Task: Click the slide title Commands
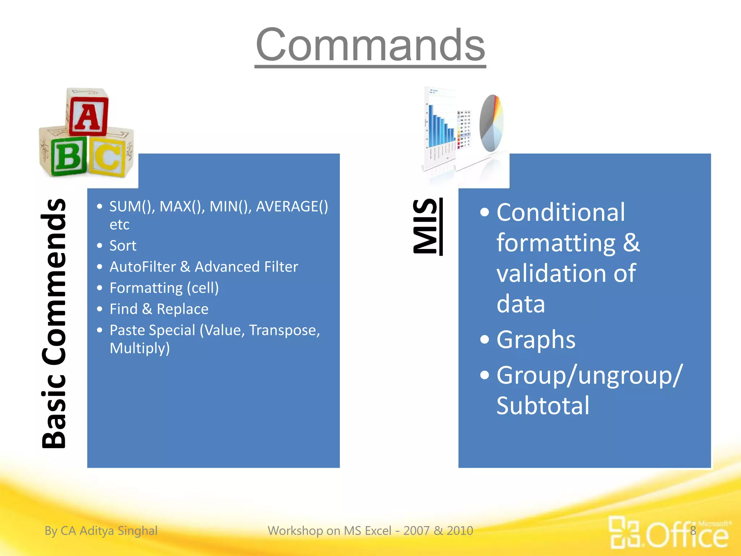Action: coord(370,45)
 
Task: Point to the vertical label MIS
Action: coord(426,226)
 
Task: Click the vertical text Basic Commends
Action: coord(54,323)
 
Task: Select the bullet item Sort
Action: coord(123,246)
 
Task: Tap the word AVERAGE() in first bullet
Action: coord(292,206)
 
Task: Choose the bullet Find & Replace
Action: coord(158,309)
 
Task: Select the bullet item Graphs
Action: coord(535,340)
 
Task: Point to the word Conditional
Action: coord(560,212)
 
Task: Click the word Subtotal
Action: coord(543,405)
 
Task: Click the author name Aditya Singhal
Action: coord(118,531)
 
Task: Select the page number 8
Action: coord(693,531)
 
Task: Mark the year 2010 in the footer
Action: coord(460,531)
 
